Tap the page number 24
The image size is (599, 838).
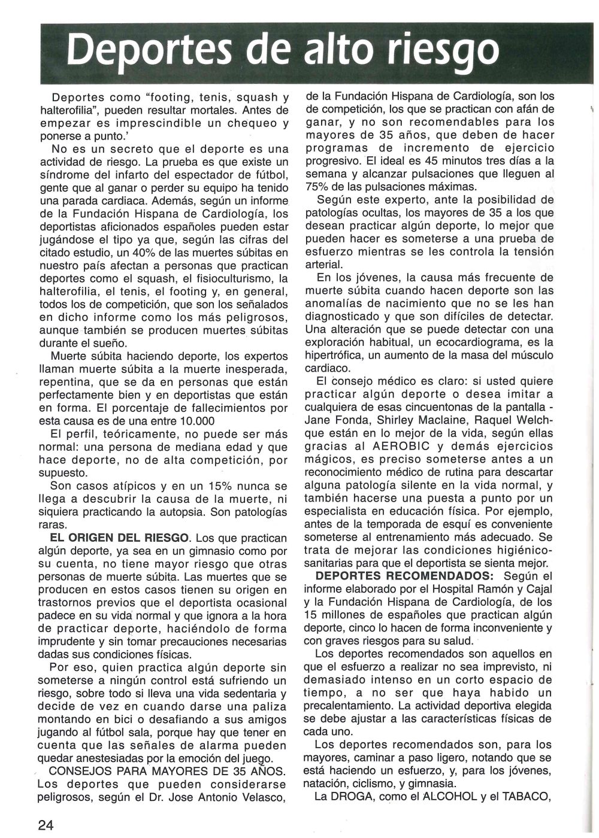click(x=46, y=824)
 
